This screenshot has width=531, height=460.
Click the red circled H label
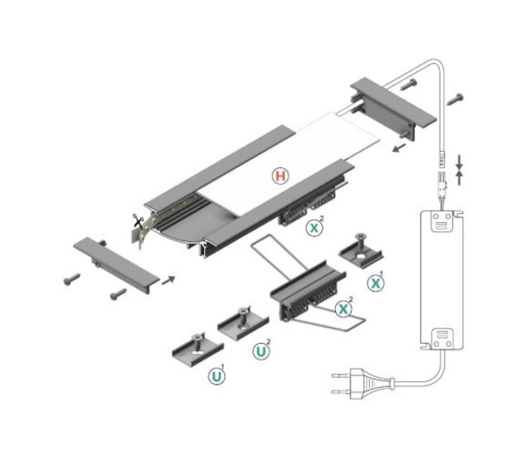(x=281, y=176)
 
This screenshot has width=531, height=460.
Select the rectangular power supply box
(x=441, y=280)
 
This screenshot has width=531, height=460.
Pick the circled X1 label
(x=376, y=282)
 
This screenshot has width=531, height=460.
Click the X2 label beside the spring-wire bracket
(x=343, y=308)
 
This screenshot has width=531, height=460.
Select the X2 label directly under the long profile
(x=314, y=227)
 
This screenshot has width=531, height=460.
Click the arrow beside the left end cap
(x=168, y=280)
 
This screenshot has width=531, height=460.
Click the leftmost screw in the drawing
(x=70, y=280)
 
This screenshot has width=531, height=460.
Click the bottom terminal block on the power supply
(x=442, y=338)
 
